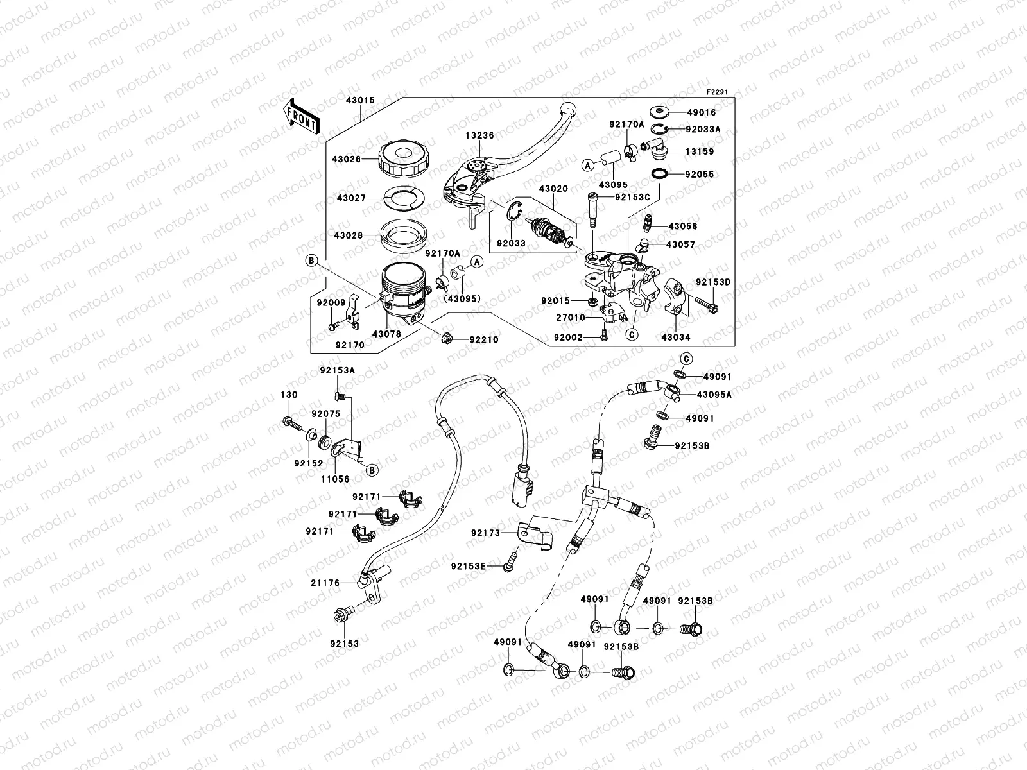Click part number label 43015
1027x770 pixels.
(x=360, y=101)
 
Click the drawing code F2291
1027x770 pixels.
(x=719, y=93)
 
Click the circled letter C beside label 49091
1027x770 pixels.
(x=686, y=358)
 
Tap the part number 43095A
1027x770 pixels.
(x=714, y=395)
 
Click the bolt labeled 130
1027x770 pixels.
(x=290, y=424)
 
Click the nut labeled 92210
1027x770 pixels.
(x=447, y=338)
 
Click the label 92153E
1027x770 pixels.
(x=468, y=566)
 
